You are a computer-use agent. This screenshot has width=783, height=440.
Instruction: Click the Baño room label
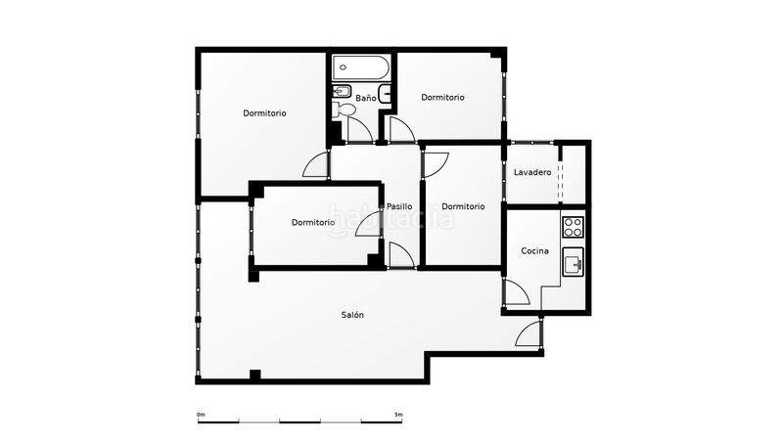(365, 99)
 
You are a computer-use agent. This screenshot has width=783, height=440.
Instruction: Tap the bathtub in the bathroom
(361, 67)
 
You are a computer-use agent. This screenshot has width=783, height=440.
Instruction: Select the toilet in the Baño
(344, 110)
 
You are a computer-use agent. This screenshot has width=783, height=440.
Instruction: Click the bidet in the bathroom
(342, 92)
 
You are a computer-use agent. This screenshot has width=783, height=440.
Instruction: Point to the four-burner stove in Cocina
(573, 227)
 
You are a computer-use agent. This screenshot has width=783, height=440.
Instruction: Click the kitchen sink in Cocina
(573, 262)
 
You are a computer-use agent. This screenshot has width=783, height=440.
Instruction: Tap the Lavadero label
(532, 173)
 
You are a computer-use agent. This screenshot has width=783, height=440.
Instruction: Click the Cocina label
(534, 251)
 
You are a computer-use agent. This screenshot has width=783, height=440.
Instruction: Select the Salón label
(352, 315)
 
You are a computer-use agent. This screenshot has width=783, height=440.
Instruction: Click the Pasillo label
(399, 206)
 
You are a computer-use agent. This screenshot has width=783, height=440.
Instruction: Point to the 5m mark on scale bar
(398, 415)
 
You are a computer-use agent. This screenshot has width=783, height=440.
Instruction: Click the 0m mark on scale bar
(201, 415)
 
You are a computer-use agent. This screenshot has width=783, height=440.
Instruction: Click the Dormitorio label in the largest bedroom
(264, 113)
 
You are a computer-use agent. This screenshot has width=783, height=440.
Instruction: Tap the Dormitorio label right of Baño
(443, 97)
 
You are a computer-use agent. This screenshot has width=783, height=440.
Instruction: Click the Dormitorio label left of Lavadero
(463, 206)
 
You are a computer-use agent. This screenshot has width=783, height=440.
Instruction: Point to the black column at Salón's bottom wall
(255, 374)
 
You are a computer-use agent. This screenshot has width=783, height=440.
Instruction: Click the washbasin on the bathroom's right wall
(385, 94)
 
